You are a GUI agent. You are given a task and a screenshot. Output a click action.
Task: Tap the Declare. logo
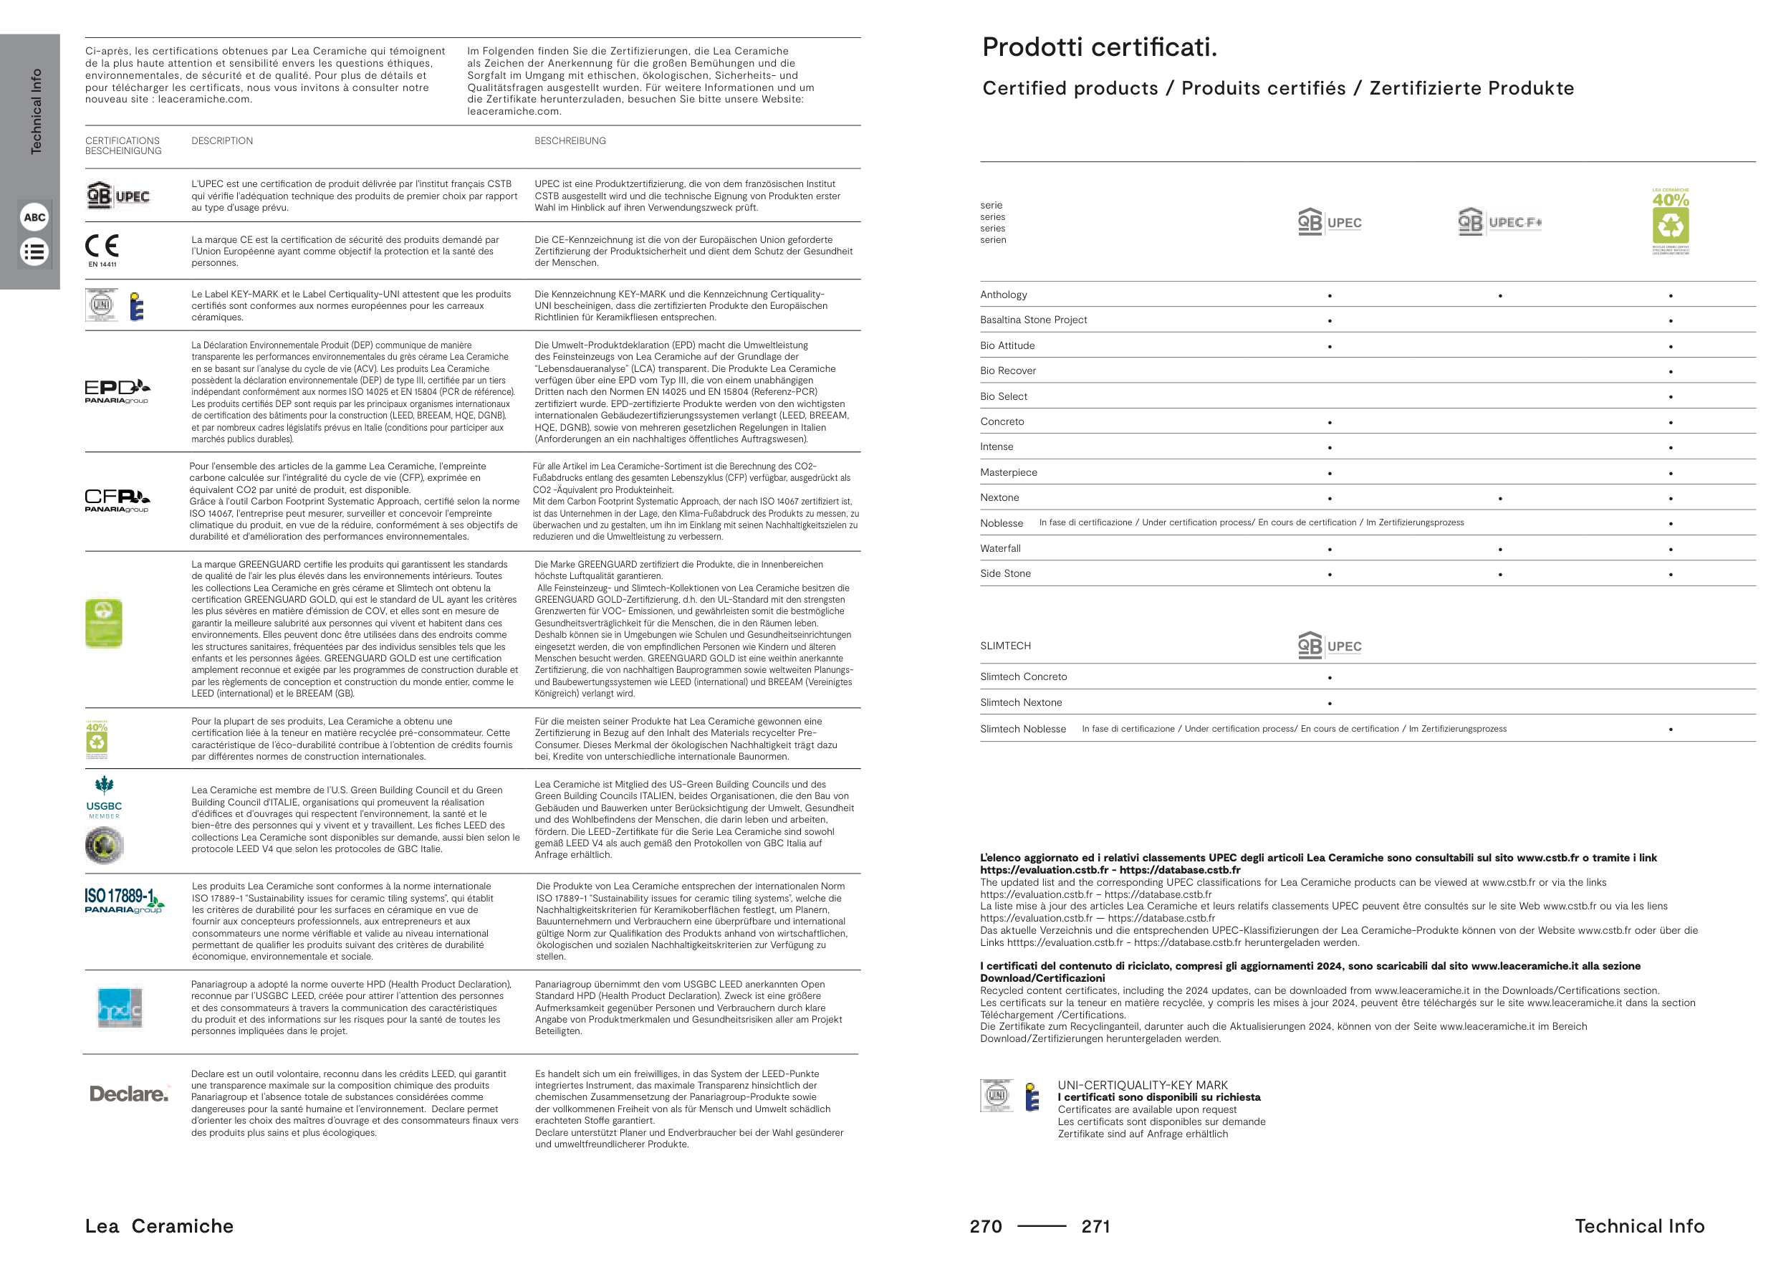coord(129,1094)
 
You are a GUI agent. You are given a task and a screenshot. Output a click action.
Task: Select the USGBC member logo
coord(104,798)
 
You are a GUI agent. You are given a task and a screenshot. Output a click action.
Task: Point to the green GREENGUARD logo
coord(104,623)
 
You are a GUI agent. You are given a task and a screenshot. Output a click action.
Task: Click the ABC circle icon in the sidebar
coord(34,218)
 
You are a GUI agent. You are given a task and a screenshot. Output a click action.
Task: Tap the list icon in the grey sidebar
coord(34,252)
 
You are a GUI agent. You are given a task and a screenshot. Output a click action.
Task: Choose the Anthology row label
coord(1003,295)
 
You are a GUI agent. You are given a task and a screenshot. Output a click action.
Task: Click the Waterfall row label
coord(1000,548)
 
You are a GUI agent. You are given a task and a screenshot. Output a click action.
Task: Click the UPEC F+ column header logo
coord(1499,222)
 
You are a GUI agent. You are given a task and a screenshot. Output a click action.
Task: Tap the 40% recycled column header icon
coord(1670,221)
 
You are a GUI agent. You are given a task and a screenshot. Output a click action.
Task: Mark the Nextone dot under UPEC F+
coord(1500,499)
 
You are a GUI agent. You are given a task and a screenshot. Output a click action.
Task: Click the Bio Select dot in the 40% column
coord(1670,397)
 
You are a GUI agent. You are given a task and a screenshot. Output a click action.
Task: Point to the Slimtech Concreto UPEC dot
coord(1329,678)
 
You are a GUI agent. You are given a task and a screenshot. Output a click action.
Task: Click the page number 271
coord(1095,1226)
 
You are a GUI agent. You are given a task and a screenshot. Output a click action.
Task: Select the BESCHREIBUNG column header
coord(570,141)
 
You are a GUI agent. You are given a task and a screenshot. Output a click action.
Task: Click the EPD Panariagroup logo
coord(117,391)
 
